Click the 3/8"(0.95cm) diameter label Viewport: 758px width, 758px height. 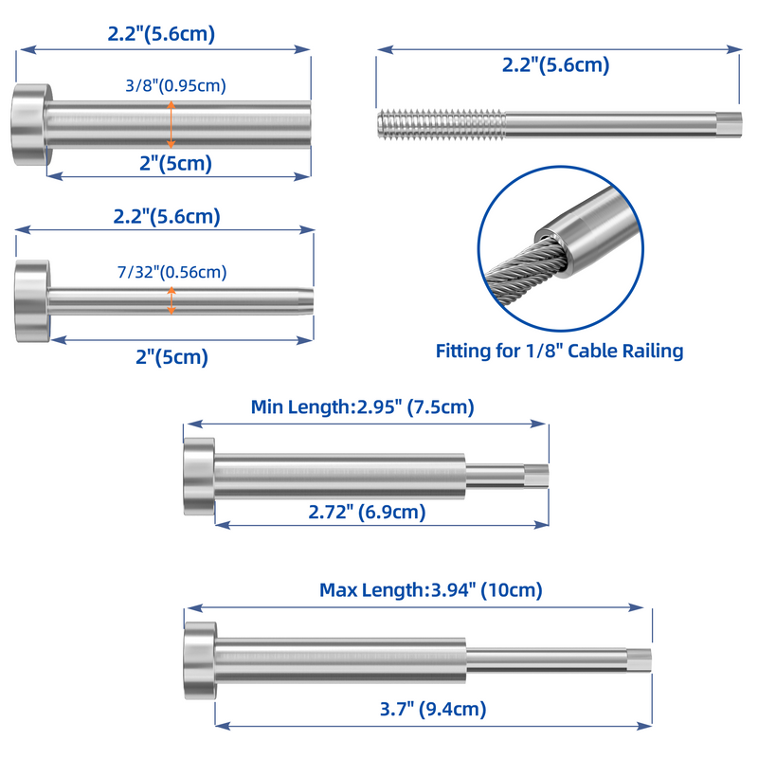tap(176, 85)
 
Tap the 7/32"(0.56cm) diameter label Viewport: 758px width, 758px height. tap(172, 272)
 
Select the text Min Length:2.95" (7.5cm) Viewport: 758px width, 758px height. tap(363, 407)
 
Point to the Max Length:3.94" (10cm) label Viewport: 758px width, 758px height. tap(431, 590)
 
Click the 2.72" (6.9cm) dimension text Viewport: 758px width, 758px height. tap(367, 512)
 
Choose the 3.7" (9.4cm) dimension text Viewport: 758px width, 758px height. tap(433, 709)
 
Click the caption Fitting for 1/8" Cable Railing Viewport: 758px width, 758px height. tap(559, 351)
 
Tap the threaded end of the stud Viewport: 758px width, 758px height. tap(442, 125)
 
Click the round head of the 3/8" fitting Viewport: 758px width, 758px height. tap(31, 125)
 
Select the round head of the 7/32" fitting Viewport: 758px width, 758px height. tap(32, 300)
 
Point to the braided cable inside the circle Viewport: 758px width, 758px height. tap(526, 273)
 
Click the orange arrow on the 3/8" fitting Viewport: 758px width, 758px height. tap(171, 125)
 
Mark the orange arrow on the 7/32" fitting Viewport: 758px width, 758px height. tap(171, 300)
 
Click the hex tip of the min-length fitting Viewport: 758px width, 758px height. tap(536, 476)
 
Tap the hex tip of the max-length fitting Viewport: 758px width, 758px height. tap(640, 659)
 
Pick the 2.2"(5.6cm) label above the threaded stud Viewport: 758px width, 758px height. tap(556, 64)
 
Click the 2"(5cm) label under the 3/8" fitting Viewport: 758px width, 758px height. tap(176, 163)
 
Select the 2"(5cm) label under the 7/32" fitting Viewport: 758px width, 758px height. tap(172, 357)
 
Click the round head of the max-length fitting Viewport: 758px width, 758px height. tap(200, 660)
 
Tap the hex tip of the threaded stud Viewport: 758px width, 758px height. tap(729, 125)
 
